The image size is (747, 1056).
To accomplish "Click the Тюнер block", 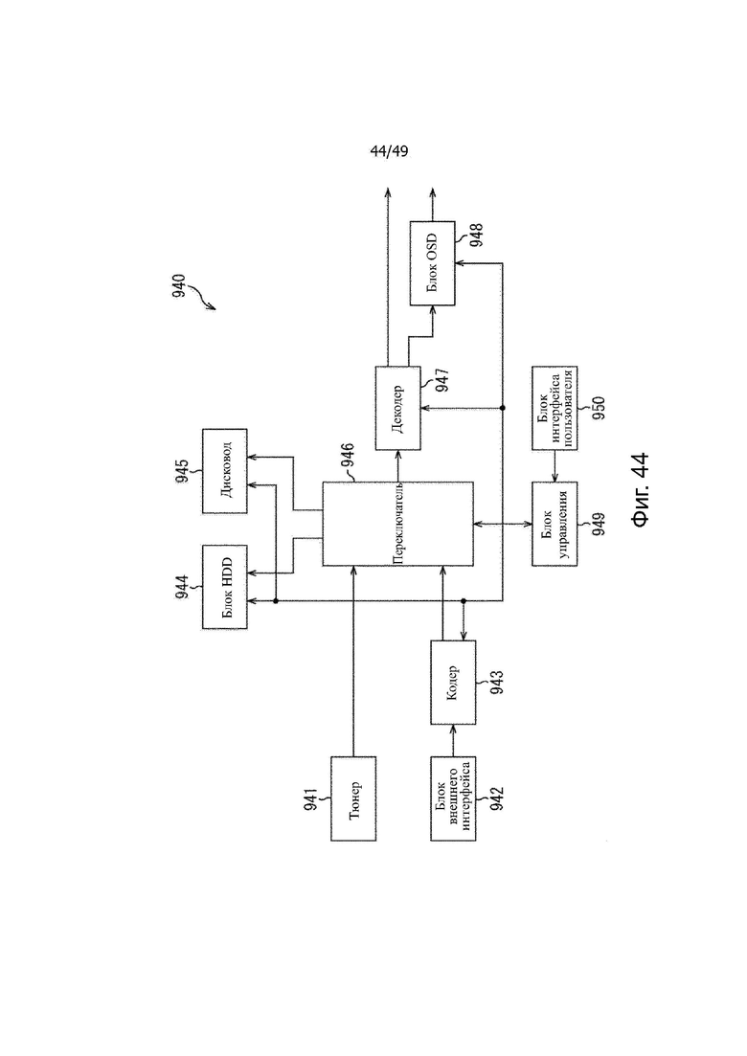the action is (x=353, y=798).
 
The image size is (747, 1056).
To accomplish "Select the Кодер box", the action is (x=453, y=683).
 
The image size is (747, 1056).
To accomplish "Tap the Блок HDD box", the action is (x=225, y=587).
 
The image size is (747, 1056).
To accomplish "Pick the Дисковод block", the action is (x=225, y=471).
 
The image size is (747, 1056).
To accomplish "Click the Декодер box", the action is (x=397, y=408).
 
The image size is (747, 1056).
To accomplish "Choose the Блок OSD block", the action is (x=433, y=263).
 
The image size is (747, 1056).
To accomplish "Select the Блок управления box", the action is (x=555, y=524).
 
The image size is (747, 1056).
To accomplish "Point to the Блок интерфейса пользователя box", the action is (x=555, y=408).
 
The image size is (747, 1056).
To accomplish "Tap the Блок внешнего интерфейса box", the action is (x=453, y=798).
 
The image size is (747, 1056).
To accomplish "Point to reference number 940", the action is (x=178, y=286).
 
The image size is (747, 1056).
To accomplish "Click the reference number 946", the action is (x=348, y=456).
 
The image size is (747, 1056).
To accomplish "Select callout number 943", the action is (x=497, y=683).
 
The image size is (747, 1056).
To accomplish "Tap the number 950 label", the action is (x=599, y=408).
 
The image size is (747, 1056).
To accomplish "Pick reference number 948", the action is (x=476, y=236).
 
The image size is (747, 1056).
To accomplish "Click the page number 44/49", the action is (x=389, y=151).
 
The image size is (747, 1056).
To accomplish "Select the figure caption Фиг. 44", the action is (x=640, y=489).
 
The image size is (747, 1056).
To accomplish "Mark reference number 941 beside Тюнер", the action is (x=310, y=798).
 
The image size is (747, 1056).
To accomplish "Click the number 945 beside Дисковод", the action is (x=182, y=471).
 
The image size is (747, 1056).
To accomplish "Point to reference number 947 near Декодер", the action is (x=441, y=380).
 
